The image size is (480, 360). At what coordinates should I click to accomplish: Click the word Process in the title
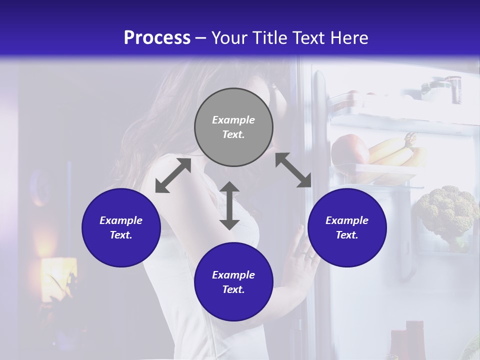tap(157, 38)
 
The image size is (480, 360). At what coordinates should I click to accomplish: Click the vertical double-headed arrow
tap(229, 205)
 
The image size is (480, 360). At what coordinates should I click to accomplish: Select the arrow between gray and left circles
tap(173, 175)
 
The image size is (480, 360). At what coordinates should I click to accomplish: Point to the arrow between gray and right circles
tap(293, 170)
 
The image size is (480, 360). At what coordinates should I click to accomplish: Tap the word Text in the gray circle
tap(233, 134)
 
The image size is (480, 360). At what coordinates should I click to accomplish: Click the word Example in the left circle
tap(121, 220)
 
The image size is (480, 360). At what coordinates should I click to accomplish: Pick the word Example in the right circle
tap(347, 220)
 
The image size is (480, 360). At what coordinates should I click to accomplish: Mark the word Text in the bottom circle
tap(233, 289)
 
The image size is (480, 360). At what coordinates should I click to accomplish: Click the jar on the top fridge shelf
tap(452, 88)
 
